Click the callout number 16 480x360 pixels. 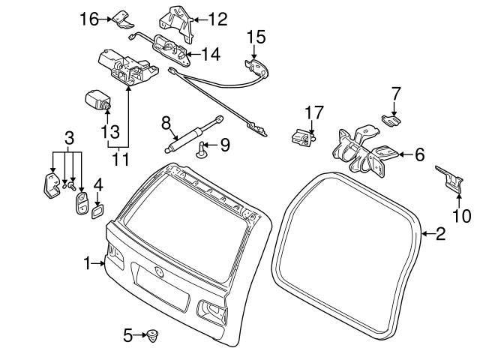click(89, 19)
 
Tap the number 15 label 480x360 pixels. click(256, 36)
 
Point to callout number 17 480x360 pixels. click(313, 112)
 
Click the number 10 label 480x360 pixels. click(463, 217)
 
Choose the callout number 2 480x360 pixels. click(440, 235)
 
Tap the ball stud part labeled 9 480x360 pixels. click(202, 152)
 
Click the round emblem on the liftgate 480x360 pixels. click(159, 271)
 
